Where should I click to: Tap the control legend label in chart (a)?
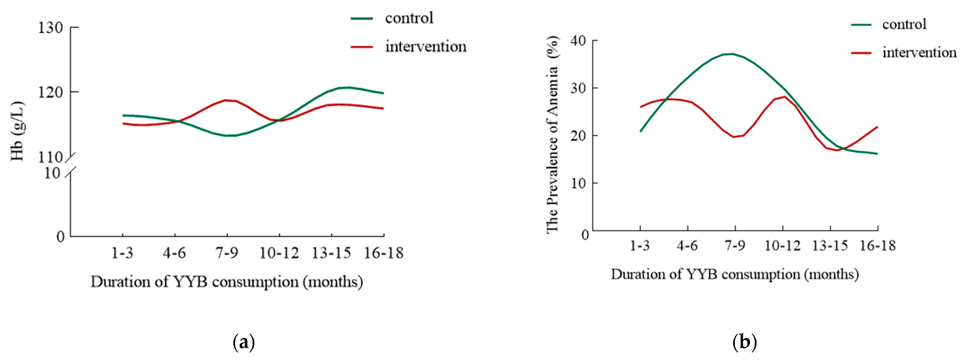[x=409, y=18]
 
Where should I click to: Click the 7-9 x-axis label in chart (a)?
[x=227, y=253]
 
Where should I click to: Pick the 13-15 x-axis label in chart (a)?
[x=331, y=253]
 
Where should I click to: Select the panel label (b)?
[x=745, y=342]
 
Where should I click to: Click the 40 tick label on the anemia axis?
[x=578, y=41]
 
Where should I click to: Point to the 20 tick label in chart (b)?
[x=578, y=135]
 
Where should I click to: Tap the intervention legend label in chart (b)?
[x=919, y=52]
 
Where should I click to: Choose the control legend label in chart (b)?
[x=904, y=24]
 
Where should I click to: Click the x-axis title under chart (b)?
[x=735, y=274]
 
